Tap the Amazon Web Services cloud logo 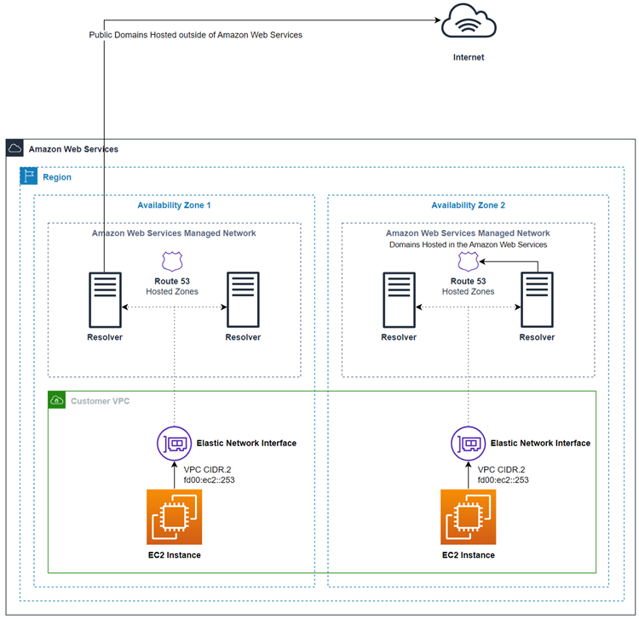[x=15, y=149]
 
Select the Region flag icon [x=29, y=177]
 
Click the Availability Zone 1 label [x=174, y=205]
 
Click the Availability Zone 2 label [x=468, y=205]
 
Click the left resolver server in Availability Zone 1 [x=105, y=299]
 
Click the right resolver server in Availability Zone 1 [x=243, y=299]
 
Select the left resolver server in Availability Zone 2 [x=399, y=299]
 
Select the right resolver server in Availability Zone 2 [x=537, y=299]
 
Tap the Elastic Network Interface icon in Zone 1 [x=174, y=444]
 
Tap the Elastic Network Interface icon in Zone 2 [x=468, y=444]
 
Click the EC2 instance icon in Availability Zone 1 [x=174, y=516]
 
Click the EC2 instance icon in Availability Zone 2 [x=468, y=516]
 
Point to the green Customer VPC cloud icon [x=57, y=400]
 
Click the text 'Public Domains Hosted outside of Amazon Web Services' [x=196, y=35]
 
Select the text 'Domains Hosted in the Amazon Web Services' [x=468, y=244]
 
